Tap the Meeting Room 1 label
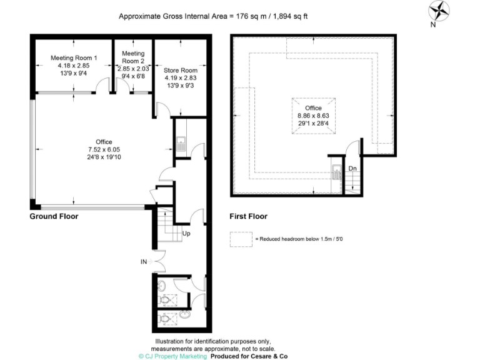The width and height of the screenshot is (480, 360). (74, 58)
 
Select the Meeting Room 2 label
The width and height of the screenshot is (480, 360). (132, 57)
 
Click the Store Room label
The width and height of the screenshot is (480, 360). (180, 71)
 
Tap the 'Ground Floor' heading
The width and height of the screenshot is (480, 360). (54, 216)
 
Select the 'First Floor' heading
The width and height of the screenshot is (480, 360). (248, 216)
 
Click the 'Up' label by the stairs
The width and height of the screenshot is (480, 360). (186, 234)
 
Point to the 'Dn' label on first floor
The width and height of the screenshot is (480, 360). (352, 168)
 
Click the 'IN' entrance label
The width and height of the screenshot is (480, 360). (144, 262)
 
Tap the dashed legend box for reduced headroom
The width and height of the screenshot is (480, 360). (240, 239)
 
